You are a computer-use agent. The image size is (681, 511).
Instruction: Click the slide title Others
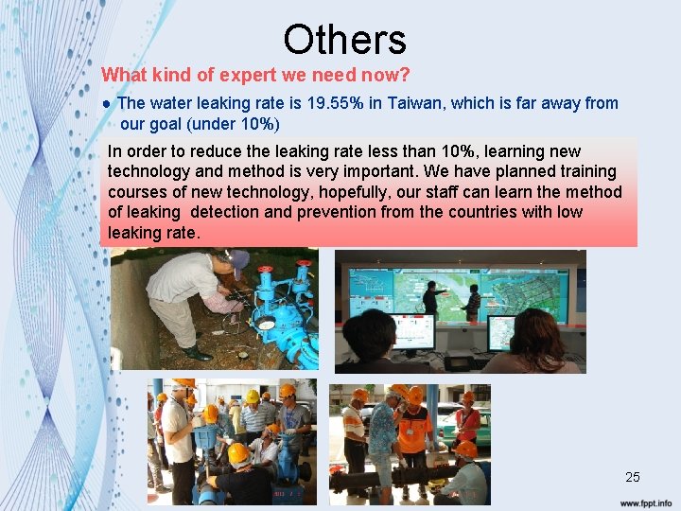point(344,40)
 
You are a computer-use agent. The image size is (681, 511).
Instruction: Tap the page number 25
point(633,477)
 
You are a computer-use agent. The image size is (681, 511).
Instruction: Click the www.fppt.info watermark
point(646,502)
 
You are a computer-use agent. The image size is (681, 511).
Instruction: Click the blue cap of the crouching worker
point(240,258)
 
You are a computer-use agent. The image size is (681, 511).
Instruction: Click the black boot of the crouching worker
point(198,354)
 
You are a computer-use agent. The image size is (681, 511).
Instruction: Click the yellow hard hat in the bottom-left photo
point(237,453)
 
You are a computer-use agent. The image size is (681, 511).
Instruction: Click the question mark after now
point(405,74)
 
